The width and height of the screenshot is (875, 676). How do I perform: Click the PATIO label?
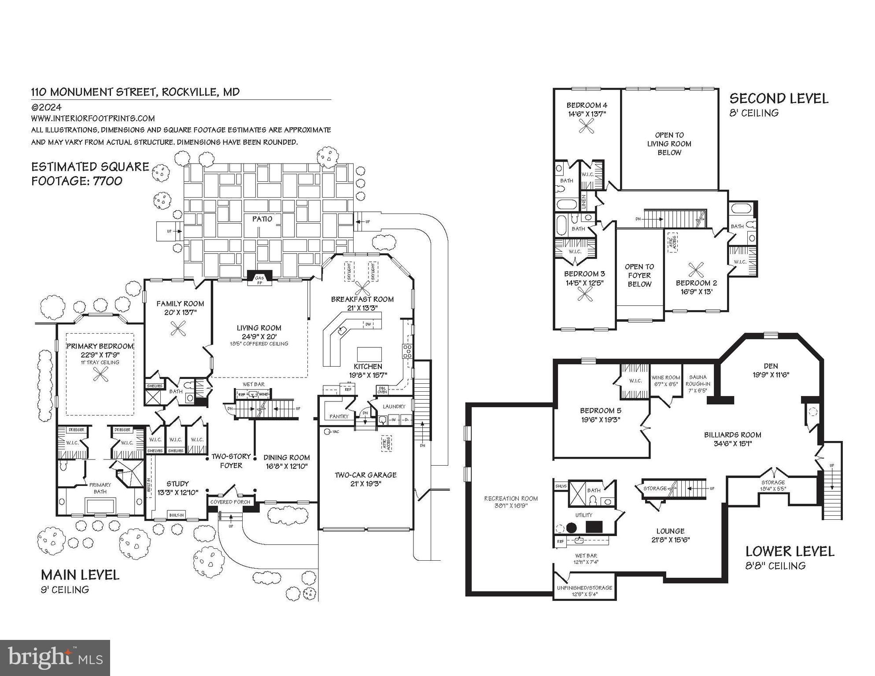[262, 219]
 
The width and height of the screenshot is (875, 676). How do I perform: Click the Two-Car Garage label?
[366, 475]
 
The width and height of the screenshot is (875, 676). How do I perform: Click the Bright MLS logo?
[55, 658]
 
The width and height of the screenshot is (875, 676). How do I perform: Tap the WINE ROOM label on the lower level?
[666, 378]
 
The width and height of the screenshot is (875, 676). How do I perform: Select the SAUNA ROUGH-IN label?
[698, 380]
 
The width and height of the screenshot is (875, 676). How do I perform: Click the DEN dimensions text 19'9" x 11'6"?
[771, 375]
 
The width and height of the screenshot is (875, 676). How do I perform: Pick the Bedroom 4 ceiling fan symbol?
[587, 127]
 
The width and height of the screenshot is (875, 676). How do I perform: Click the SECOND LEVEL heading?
[779, 99]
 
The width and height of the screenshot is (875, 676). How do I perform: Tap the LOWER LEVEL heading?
[790, 551]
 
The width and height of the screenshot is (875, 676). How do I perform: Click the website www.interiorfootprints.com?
[93, 118]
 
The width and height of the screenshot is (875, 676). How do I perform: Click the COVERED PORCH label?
[230, 502]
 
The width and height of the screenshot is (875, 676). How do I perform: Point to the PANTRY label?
[339, 416]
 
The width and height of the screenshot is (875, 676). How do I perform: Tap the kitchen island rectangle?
[369, 354]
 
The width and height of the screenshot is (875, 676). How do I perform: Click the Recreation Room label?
[511, 499]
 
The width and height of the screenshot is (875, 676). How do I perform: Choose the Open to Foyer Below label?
[639, 275]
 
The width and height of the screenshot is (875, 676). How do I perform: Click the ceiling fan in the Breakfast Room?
[362, 289]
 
